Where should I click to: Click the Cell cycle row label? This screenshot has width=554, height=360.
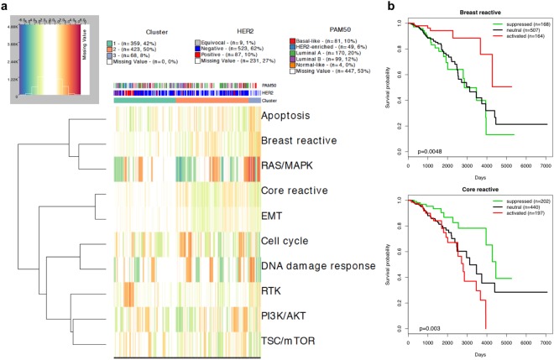289,241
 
